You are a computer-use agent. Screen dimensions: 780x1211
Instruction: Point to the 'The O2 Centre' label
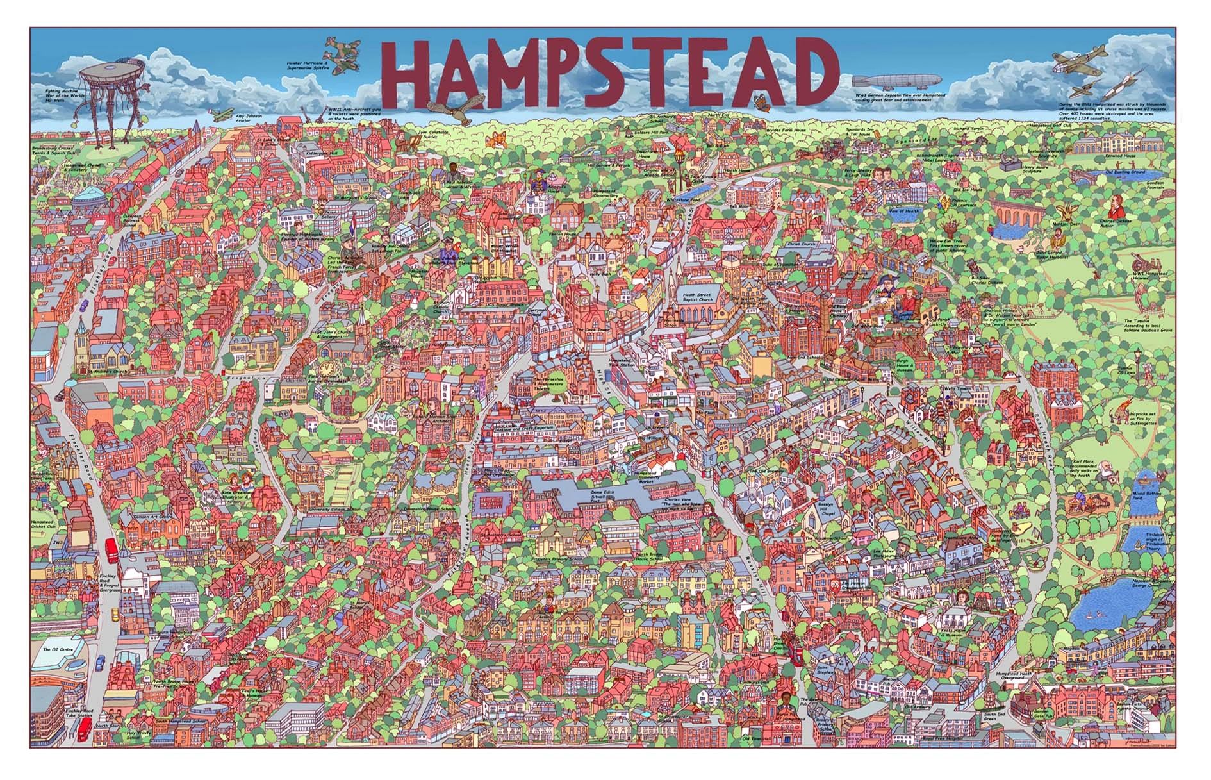click(55, 649)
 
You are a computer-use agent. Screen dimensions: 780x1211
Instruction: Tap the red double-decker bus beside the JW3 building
click(111, 550)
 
